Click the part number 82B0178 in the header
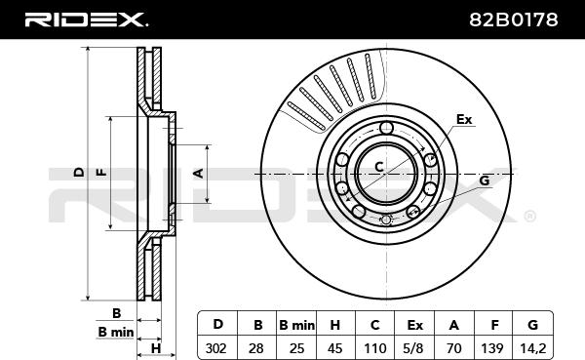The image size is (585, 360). click(x=513, y=20)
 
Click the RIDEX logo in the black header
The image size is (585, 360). click(x=86, y=20)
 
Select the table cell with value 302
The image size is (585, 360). click(x=216, y=348)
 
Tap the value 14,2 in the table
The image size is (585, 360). click(x=532, y=348)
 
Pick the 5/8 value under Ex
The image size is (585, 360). click(x=414, y=348)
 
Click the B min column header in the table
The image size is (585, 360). click(x=296, y=325)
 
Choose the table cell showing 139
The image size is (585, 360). click(x=492, y=348)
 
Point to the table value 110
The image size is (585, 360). click(x=375, y=348)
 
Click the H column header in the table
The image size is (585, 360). click(x=335, y=325)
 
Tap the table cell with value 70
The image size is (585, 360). click(x=453, y=348)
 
